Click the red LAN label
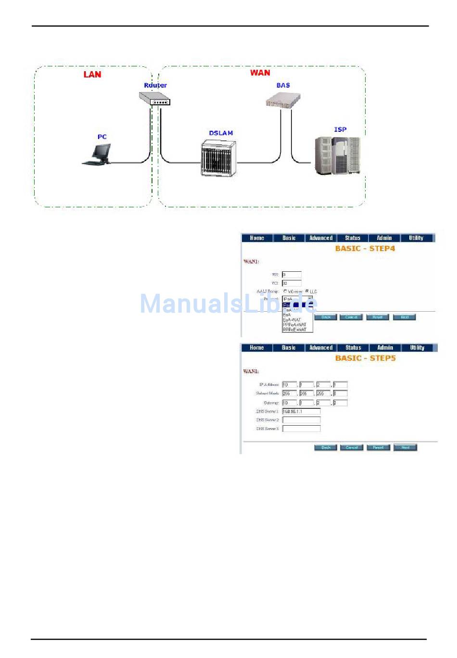point(92,74)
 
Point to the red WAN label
point(260,73)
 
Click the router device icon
point(154,98)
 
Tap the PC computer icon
point(98,154)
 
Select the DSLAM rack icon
point(219,158)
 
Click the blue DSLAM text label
point(221,133)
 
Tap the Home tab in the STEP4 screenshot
point(257,238)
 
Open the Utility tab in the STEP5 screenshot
point(417,348)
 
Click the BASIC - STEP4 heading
point(365,249)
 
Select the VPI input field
point(292,275)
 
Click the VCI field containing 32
point(292,283)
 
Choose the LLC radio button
point(307,291)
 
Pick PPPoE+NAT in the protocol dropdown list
point(294,330)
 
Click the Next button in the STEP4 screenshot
point(405,317)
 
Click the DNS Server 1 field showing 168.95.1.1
point(301,412)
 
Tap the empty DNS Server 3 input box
point(301,429)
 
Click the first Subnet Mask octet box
point(289,393)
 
